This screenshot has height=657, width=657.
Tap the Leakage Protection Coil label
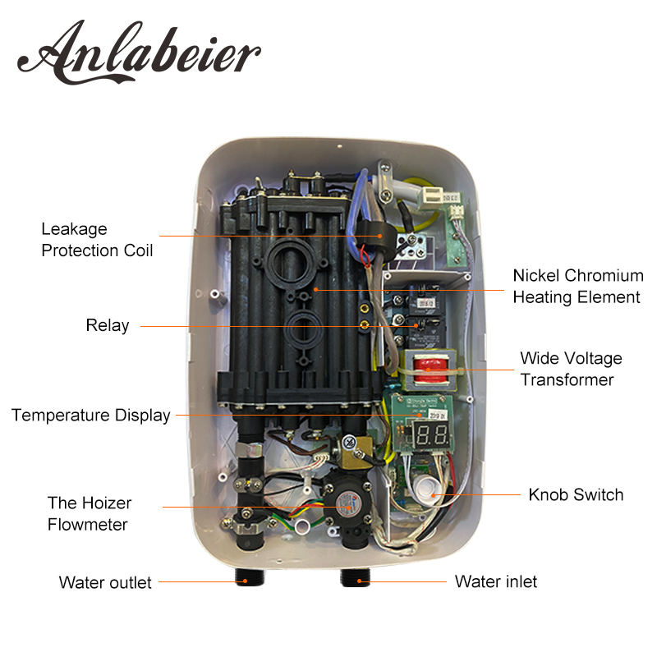point(97,239)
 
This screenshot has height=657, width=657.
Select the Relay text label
point(108,325)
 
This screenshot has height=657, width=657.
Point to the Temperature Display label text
point(90,415)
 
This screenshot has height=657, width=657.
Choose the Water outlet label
point(105,582)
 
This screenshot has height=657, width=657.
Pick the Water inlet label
point(496,581)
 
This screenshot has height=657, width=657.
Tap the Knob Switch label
point(576,494)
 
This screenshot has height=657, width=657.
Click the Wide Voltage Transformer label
point(571,369)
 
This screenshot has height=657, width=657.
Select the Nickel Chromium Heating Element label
point(577,286)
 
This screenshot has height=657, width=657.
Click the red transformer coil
point(425,365)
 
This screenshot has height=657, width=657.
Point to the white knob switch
point(425,489)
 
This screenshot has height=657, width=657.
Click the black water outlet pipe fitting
point(245,576)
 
